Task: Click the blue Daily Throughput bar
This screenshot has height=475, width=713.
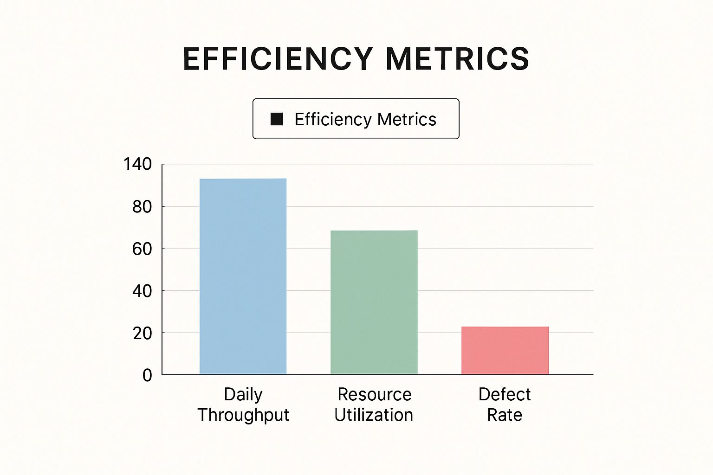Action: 243,276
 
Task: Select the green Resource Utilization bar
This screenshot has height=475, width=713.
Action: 374,302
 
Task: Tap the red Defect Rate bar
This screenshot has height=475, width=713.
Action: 505,350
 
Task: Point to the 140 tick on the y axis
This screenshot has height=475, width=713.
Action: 137,164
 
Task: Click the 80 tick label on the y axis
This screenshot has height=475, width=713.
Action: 142,206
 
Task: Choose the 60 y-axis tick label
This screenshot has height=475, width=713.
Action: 142,249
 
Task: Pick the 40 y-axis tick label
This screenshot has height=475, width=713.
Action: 142,291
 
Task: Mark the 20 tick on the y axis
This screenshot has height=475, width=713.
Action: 142,333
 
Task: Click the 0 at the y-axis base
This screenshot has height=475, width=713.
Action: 147,375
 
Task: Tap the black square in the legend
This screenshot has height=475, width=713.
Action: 277,119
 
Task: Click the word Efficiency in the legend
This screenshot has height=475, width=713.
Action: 333,120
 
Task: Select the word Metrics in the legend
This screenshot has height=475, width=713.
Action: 407,119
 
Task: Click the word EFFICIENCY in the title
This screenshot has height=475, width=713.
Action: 278,59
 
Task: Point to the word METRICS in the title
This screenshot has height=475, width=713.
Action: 457,59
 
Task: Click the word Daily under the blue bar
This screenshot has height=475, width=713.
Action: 243,395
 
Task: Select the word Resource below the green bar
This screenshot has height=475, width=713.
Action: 374,394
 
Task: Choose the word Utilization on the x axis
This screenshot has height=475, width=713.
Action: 374,415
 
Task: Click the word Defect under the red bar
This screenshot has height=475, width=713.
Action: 505,394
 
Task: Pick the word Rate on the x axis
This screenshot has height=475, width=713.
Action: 505,415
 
